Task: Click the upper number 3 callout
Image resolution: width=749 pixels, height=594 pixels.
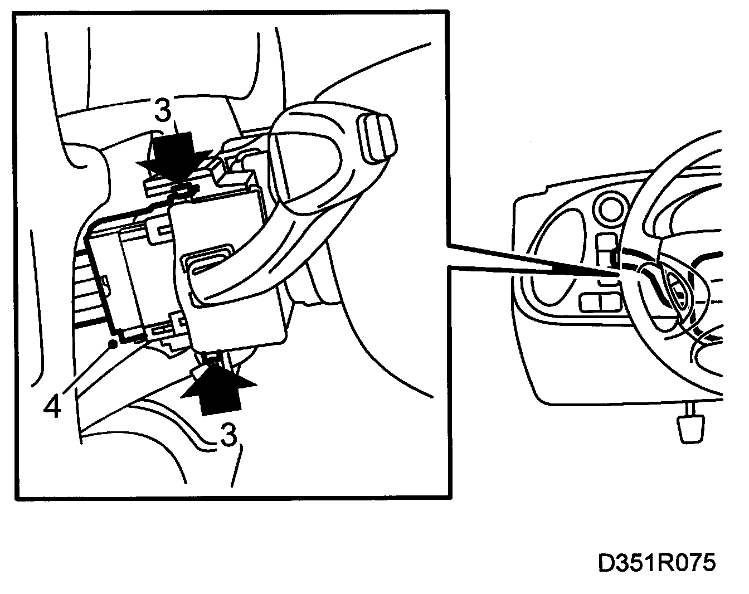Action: pyautogui.click(x=162, y=111)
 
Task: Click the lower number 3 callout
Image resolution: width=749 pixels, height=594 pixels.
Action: pyautogui.click(x=228, y=435)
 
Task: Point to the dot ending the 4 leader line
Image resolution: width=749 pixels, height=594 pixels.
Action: pyautogui.click(x=113, y=344)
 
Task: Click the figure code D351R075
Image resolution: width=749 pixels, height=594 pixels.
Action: pyautogui.click(x=656, y=563)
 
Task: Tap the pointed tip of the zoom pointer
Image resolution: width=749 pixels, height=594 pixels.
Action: pyautogui.click(x=620, y=274)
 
